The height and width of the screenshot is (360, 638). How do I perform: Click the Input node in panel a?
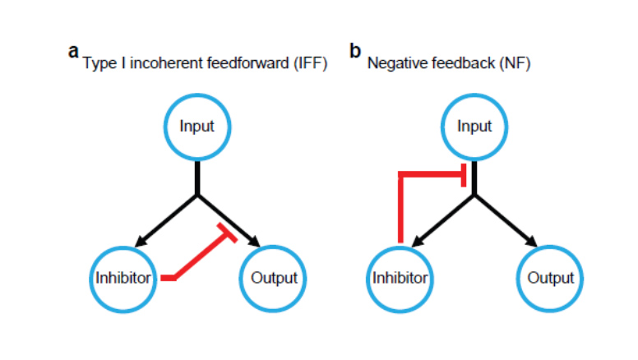[197, 127]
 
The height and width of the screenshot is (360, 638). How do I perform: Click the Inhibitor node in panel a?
[123, 278]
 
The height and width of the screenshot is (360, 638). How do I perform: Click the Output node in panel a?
[273, 278]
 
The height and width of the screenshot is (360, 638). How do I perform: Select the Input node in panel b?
[474, 127]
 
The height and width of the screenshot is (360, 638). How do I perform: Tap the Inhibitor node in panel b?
[400, 278]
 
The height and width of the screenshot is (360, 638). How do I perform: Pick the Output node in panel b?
[550, 278]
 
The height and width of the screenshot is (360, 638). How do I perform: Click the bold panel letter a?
[74, 52]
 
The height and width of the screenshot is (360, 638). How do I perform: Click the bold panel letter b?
[355, 52]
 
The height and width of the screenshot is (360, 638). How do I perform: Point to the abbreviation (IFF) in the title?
[310, 66]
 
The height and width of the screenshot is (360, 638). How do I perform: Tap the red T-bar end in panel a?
[226, 232]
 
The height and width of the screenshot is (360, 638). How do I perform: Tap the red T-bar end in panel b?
[465, 175]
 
